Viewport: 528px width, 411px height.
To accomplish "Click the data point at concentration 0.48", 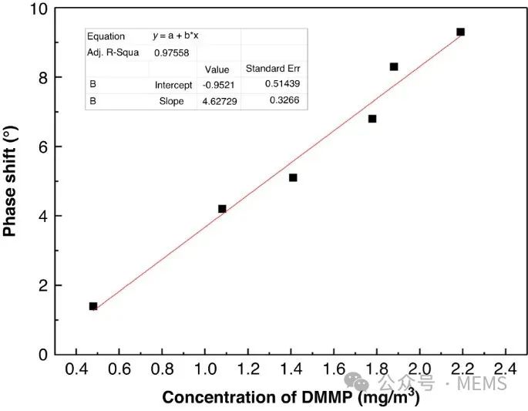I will pos(93,306).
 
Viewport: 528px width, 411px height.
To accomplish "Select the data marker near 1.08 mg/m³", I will pos(222,209).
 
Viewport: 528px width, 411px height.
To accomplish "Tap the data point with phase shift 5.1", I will pos(293,178).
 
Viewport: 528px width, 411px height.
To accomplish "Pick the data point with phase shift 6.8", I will pos(372,119).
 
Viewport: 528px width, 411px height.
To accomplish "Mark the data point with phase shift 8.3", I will pos(394,67).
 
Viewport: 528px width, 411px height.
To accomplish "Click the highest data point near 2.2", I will pos(460,32).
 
